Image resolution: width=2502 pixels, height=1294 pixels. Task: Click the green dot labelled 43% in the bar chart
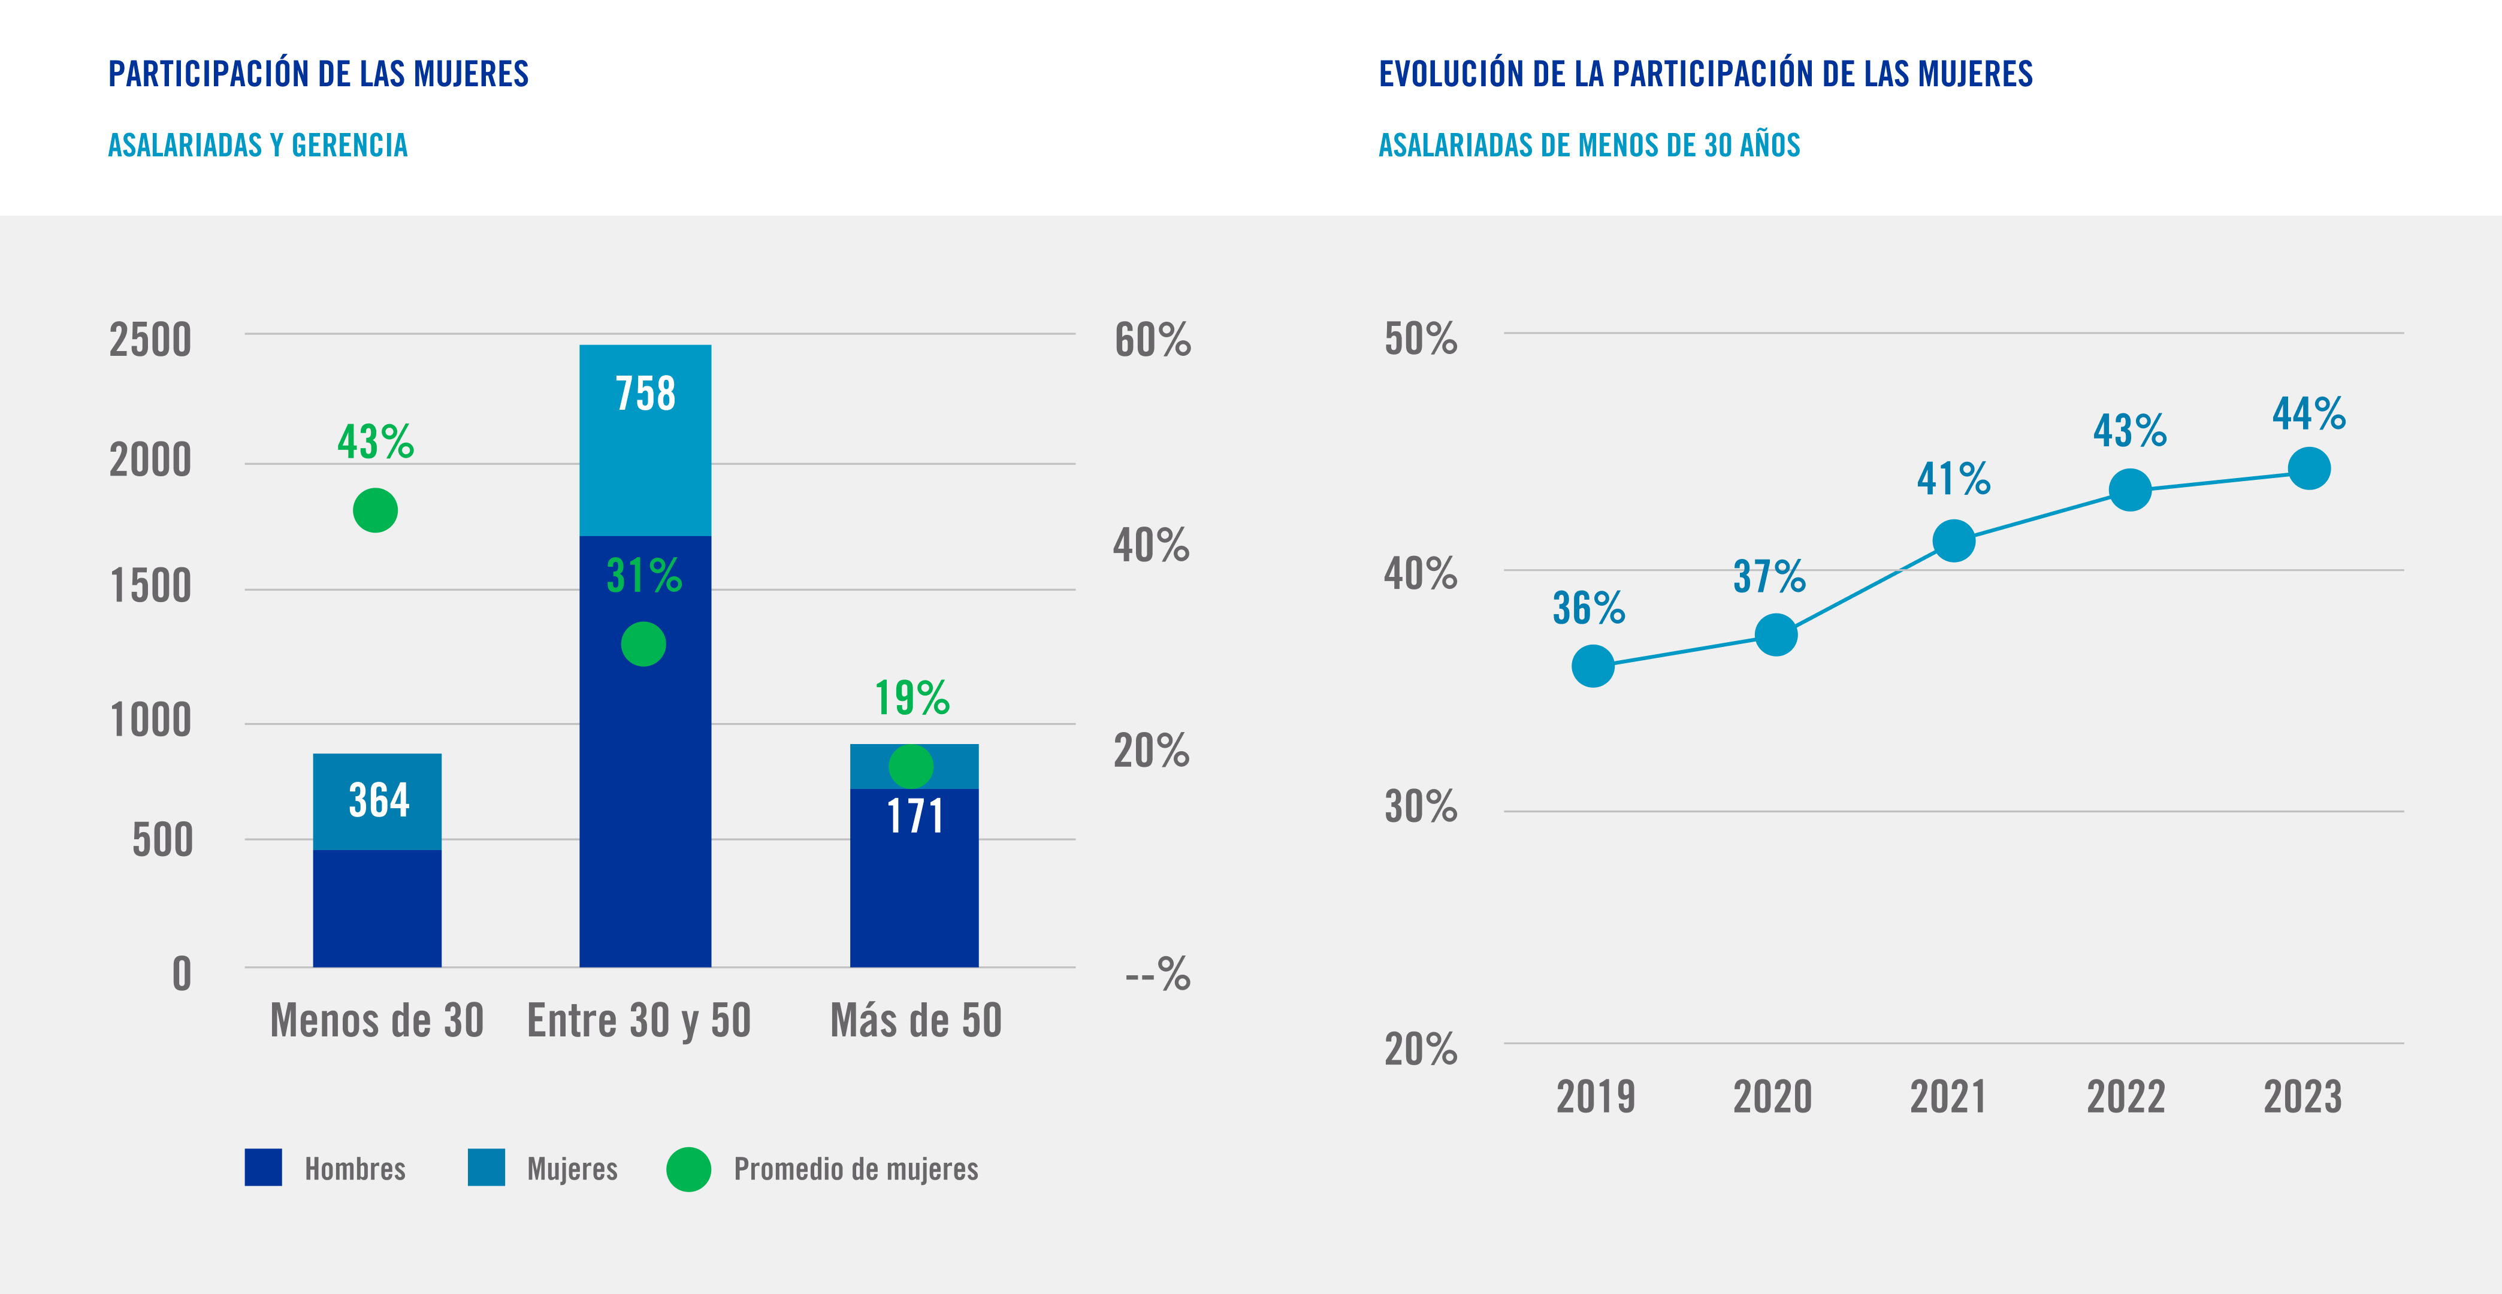tap(375, 510)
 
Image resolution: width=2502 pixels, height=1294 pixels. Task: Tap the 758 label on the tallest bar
tap(645, 394)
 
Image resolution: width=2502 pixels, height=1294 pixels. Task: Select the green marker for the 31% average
tap(643, 644)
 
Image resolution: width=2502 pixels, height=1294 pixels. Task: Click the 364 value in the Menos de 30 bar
tap(379, 800)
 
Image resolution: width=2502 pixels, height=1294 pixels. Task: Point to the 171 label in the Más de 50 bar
tap(915, 816)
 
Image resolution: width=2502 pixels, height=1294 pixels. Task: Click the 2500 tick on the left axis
tap(150, 340)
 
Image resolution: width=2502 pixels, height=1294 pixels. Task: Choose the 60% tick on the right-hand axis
tap(1152, 340)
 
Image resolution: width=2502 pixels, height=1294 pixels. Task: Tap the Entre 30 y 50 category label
tap(639, 1020)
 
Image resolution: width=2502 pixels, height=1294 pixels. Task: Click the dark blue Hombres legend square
tap(263, 1168)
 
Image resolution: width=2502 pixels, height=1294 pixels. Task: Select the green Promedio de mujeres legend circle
tap(688, 1169)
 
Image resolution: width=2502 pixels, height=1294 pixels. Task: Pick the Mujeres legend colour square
tap(486, 1168)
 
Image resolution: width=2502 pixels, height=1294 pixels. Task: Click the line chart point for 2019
tap(1593, 666)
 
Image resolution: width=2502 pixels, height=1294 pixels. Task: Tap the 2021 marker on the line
tap(1953, 541)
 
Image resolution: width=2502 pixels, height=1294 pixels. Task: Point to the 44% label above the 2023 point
tap(2308, 414)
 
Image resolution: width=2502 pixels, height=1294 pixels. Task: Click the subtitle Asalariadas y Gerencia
tap(258, 146)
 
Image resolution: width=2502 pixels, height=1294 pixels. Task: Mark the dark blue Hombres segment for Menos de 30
tap(377, 908)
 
